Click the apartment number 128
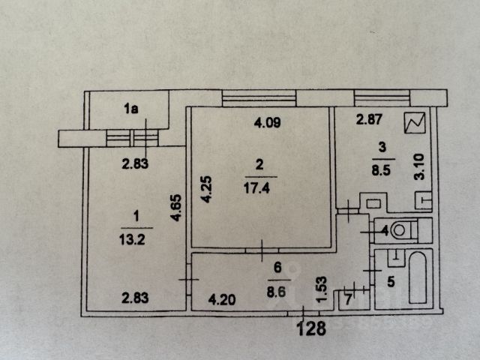(x=312, y=328)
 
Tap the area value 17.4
(x=256, y=188)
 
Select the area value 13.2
(x=132, y=239)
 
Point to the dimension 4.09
(x=267, y=122)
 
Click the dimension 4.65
(x=177, y=208)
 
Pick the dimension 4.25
(x=206, y=189)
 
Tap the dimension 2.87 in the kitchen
(x=369, y=119)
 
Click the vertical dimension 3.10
(x=419, y=166)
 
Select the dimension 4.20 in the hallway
(x=222, y=300)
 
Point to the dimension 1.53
(x=322, y=289)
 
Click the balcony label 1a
(x=131, y=109)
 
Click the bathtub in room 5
(x=417, y=277)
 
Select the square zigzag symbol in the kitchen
(x=415, y=122)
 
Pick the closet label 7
(x=348, y=300)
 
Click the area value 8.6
(x=276, y=292)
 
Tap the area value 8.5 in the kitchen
(x=381, y=170)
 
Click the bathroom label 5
(x=391, y=282)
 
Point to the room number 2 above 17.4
(x=259, y=165)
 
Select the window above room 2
(x=259, y=98)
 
